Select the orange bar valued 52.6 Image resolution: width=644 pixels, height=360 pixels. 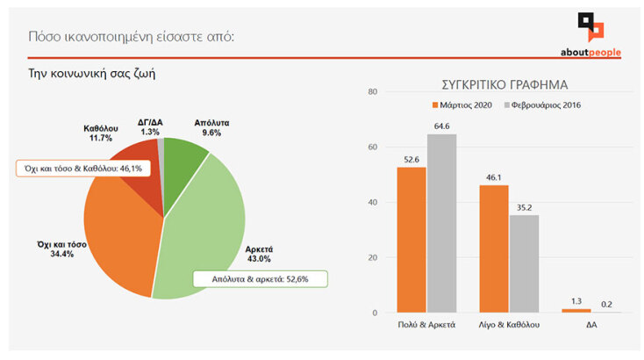pos(411,240)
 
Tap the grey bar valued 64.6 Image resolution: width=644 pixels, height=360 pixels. pos(441,223)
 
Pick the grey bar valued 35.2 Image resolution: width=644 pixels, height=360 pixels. pos(524,263)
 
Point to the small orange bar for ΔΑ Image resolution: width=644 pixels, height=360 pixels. pos(576,310)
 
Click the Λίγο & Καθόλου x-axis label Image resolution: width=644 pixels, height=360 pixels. pos(510,324)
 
